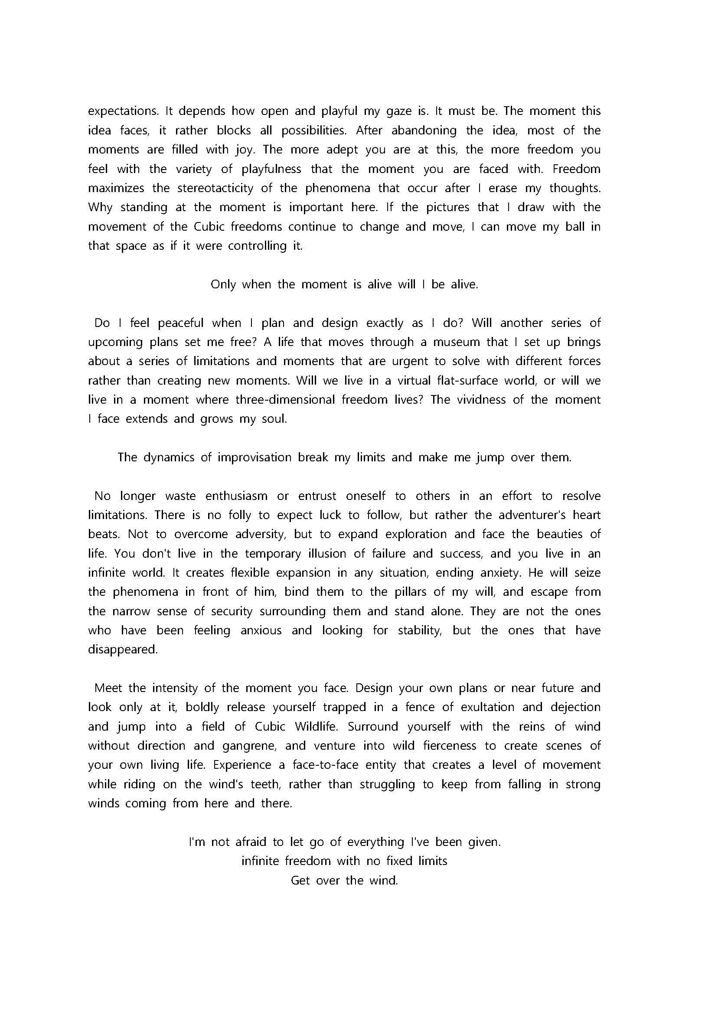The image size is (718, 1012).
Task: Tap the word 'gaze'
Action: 399,111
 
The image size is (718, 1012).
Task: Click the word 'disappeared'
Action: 122,650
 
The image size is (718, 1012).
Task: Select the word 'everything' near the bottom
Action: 376,842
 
